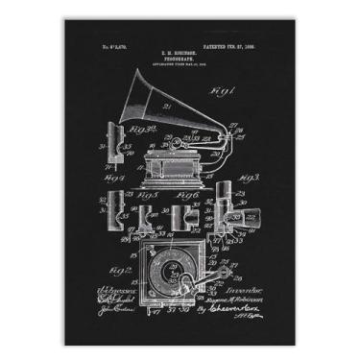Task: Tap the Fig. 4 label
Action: (114, 179)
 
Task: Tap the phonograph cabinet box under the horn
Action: (179, 165)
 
